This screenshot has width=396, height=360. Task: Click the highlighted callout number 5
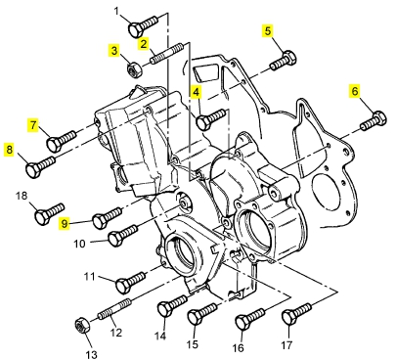(x=268, y=31)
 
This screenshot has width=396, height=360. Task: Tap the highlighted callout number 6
(x=354, y=91)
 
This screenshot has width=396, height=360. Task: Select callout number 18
(x=22, y=197)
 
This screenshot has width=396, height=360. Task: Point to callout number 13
(x=91, y=354)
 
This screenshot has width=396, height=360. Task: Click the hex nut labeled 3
(x=134, y=70)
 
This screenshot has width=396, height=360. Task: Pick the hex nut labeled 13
(x=82, y=325)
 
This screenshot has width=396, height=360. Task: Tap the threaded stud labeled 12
(x=114, y=310)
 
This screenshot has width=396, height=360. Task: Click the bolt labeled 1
(x=144, y=25)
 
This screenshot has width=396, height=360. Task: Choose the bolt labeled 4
(x=211, y=119)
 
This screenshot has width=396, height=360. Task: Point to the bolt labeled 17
(x=297, y=314)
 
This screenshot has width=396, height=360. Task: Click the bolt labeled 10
(x=123, y=236)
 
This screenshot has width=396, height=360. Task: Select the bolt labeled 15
(x=202, y=314)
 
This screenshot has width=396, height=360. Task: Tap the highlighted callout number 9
(x=65, y=224)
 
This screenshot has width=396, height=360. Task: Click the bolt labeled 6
(x=374, y=121)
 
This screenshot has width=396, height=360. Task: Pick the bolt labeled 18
(x=50, y=213)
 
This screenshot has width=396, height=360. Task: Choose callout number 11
(x=89, y=277)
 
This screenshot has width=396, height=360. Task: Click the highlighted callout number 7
(x=33, y=124)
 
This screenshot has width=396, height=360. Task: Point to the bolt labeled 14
(x=172, y=305)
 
